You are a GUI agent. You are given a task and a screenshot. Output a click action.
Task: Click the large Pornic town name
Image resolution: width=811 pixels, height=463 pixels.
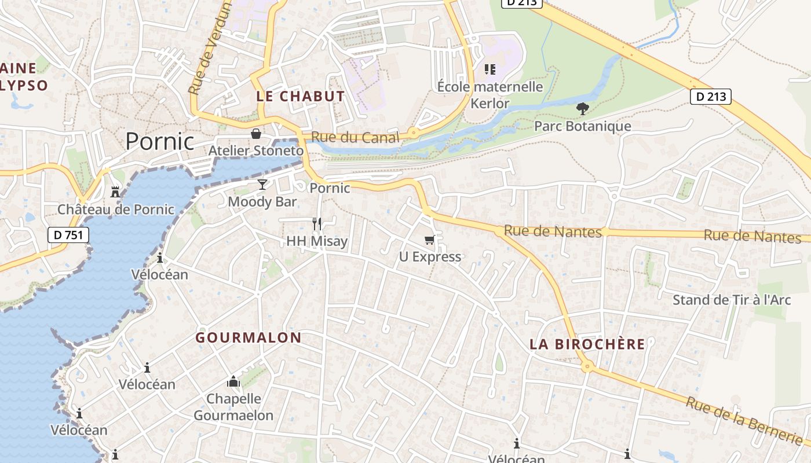(160, 141)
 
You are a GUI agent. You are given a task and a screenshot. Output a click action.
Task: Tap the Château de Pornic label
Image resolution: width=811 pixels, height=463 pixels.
(116, 209)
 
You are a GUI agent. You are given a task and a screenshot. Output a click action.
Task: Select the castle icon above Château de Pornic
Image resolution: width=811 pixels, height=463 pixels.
(115, 192)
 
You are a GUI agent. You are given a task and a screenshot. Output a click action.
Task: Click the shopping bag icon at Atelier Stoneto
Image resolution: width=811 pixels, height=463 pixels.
(255, 134)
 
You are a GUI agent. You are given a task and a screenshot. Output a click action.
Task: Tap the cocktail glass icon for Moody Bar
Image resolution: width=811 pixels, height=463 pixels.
(262, 185)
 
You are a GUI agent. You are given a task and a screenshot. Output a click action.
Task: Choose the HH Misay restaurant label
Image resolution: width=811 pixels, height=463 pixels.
(317, 241)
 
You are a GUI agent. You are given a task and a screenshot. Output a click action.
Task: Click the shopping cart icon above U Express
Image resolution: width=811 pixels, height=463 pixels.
(430, 240)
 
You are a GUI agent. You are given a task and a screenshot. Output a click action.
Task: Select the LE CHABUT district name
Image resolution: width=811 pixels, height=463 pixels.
(300, 97)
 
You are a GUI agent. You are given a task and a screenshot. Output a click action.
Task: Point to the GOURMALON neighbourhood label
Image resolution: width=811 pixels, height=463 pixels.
(249, 337)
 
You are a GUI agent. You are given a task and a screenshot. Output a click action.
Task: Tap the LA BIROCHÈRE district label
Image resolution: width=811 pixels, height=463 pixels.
(587, 344)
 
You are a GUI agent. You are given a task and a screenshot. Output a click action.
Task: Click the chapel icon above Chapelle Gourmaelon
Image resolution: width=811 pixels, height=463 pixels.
(233, 381)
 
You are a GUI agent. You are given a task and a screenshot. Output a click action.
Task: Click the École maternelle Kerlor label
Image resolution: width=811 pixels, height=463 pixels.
(490, 95)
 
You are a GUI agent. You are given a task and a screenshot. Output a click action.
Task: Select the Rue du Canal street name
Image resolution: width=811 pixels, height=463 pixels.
(355, 138)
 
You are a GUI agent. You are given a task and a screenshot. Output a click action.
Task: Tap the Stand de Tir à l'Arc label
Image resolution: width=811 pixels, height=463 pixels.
(732, 300)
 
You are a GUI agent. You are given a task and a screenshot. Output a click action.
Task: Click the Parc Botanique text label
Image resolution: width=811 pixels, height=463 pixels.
(583, 126)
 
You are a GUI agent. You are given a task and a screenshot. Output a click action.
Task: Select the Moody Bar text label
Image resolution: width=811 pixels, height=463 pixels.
(262, 201)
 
